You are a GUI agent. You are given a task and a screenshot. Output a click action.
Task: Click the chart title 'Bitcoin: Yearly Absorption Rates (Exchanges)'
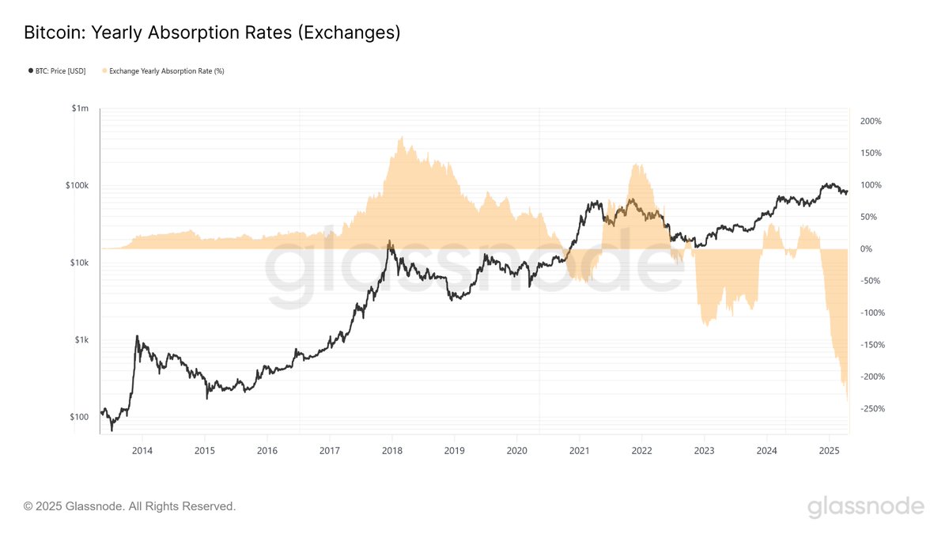(212, 33)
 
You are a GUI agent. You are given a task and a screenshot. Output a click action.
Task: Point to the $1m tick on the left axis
(81, 108)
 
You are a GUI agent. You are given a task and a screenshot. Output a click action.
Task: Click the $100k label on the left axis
(78, 186)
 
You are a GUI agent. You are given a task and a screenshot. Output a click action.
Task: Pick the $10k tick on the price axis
(80, 263)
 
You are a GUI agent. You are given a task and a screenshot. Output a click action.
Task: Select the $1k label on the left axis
(82, 339)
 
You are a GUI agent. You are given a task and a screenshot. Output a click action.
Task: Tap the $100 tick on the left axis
(80, 417)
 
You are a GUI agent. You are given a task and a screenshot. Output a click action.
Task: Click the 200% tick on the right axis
(870, 121)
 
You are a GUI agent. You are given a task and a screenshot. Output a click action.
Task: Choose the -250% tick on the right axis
(870, 409)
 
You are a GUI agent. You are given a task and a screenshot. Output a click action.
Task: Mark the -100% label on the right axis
(870, 313)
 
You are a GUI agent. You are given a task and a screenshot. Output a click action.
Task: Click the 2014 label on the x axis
(142, 451)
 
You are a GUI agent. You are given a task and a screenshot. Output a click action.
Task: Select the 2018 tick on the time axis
(392, 451)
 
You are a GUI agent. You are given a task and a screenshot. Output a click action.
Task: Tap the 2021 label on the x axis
(580, 451)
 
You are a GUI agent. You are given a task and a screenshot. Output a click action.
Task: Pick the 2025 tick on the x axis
(829, 451)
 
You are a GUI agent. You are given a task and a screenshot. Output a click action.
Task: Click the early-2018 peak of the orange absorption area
(402, 138)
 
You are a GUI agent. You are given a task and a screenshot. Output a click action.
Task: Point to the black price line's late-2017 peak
(389, 241)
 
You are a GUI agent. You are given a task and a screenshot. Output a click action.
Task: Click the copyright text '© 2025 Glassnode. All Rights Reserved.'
(130, 506)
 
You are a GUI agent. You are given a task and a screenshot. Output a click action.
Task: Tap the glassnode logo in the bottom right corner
(865, 506)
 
